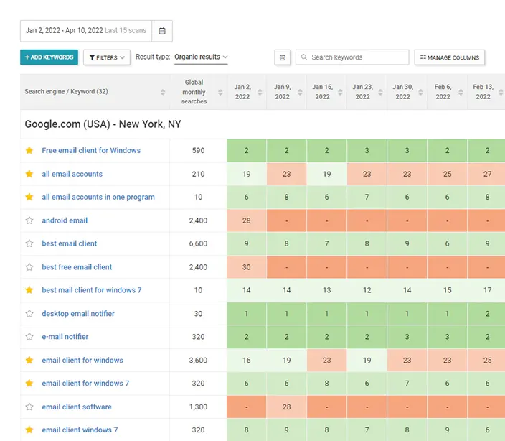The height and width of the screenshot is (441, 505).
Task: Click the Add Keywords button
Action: (49, 57)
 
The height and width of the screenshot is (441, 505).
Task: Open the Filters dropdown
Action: (106, 57)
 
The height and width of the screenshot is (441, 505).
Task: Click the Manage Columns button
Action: (450, 57)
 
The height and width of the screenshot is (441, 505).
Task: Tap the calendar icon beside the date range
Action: (162, 31)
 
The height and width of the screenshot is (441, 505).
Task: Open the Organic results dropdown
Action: (201, 57)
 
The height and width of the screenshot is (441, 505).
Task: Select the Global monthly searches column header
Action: (194, 92)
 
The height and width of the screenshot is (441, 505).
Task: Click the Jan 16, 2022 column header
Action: (322, 92)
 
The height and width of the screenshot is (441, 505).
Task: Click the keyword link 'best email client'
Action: (70, 243)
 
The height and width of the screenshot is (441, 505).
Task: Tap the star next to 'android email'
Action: (29, 220)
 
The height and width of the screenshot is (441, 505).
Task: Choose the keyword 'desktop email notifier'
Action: (78, 314)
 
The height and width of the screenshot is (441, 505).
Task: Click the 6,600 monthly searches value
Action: (198, 243)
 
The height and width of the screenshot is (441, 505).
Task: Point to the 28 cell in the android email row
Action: (246, 220)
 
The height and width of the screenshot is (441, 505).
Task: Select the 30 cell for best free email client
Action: (246, 267)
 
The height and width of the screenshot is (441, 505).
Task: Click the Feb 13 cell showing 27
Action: (487, 174)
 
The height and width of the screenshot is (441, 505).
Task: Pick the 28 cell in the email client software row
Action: (286, 407)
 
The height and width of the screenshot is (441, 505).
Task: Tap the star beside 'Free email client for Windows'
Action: (29, 151)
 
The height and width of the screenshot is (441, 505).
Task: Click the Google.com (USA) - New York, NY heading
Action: (103, 124)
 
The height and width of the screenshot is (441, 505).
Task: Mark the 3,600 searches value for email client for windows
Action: (198, 361)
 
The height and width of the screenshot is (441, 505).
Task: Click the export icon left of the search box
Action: (283, 57)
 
